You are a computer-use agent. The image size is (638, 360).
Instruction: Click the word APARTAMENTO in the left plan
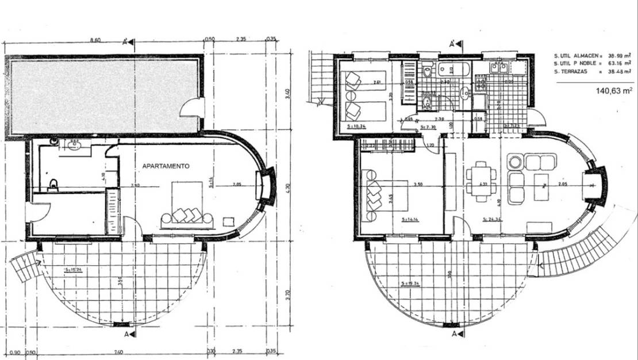tap(166, 166)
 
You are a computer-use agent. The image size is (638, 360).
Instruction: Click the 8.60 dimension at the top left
tap(96, 40)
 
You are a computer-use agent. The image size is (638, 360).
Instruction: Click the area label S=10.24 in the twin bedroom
tap(358, 125)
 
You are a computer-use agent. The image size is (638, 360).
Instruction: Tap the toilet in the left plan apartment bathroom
tap(54, 184)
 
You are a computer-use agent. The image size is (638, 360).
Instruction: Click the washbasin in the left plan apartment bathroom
tap(73, 145)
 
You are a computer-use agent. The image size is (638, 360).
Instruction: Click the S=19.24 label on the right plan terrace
tap(409, 284)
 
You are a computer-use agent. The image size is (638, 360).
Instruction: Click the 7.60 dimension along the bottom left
tap(118, 352)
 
